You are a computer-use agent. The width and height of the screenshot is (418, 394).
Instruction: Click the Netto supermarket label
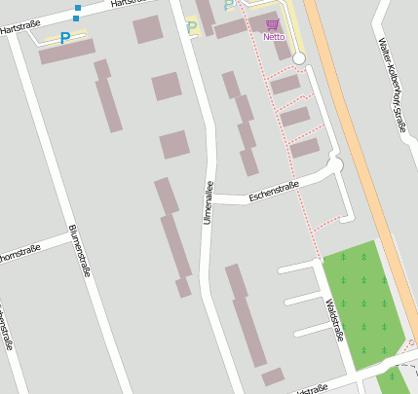274,38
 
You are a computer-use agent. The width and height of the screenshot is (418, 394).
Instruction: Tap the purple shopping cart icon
272,24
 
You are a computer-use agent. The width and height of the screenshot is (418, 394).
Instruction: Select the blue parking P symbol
65,38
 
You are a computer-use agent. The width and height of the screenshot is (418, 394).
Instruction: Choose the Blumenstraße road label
80,252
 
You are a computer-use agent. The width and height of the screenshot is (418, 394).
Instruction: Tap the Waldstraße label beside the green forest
335,320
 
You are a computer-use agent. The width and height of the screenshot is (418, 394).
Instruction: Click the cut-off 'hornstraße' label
19,255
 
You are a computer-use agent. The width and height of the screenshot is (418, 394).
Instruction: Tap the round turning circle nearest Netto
299,59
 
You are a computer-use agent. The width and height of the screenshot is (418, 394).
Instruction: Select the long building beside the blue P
66,52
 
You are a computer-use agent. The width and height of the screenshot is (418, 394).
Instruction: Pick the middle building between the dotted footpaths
294,117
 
